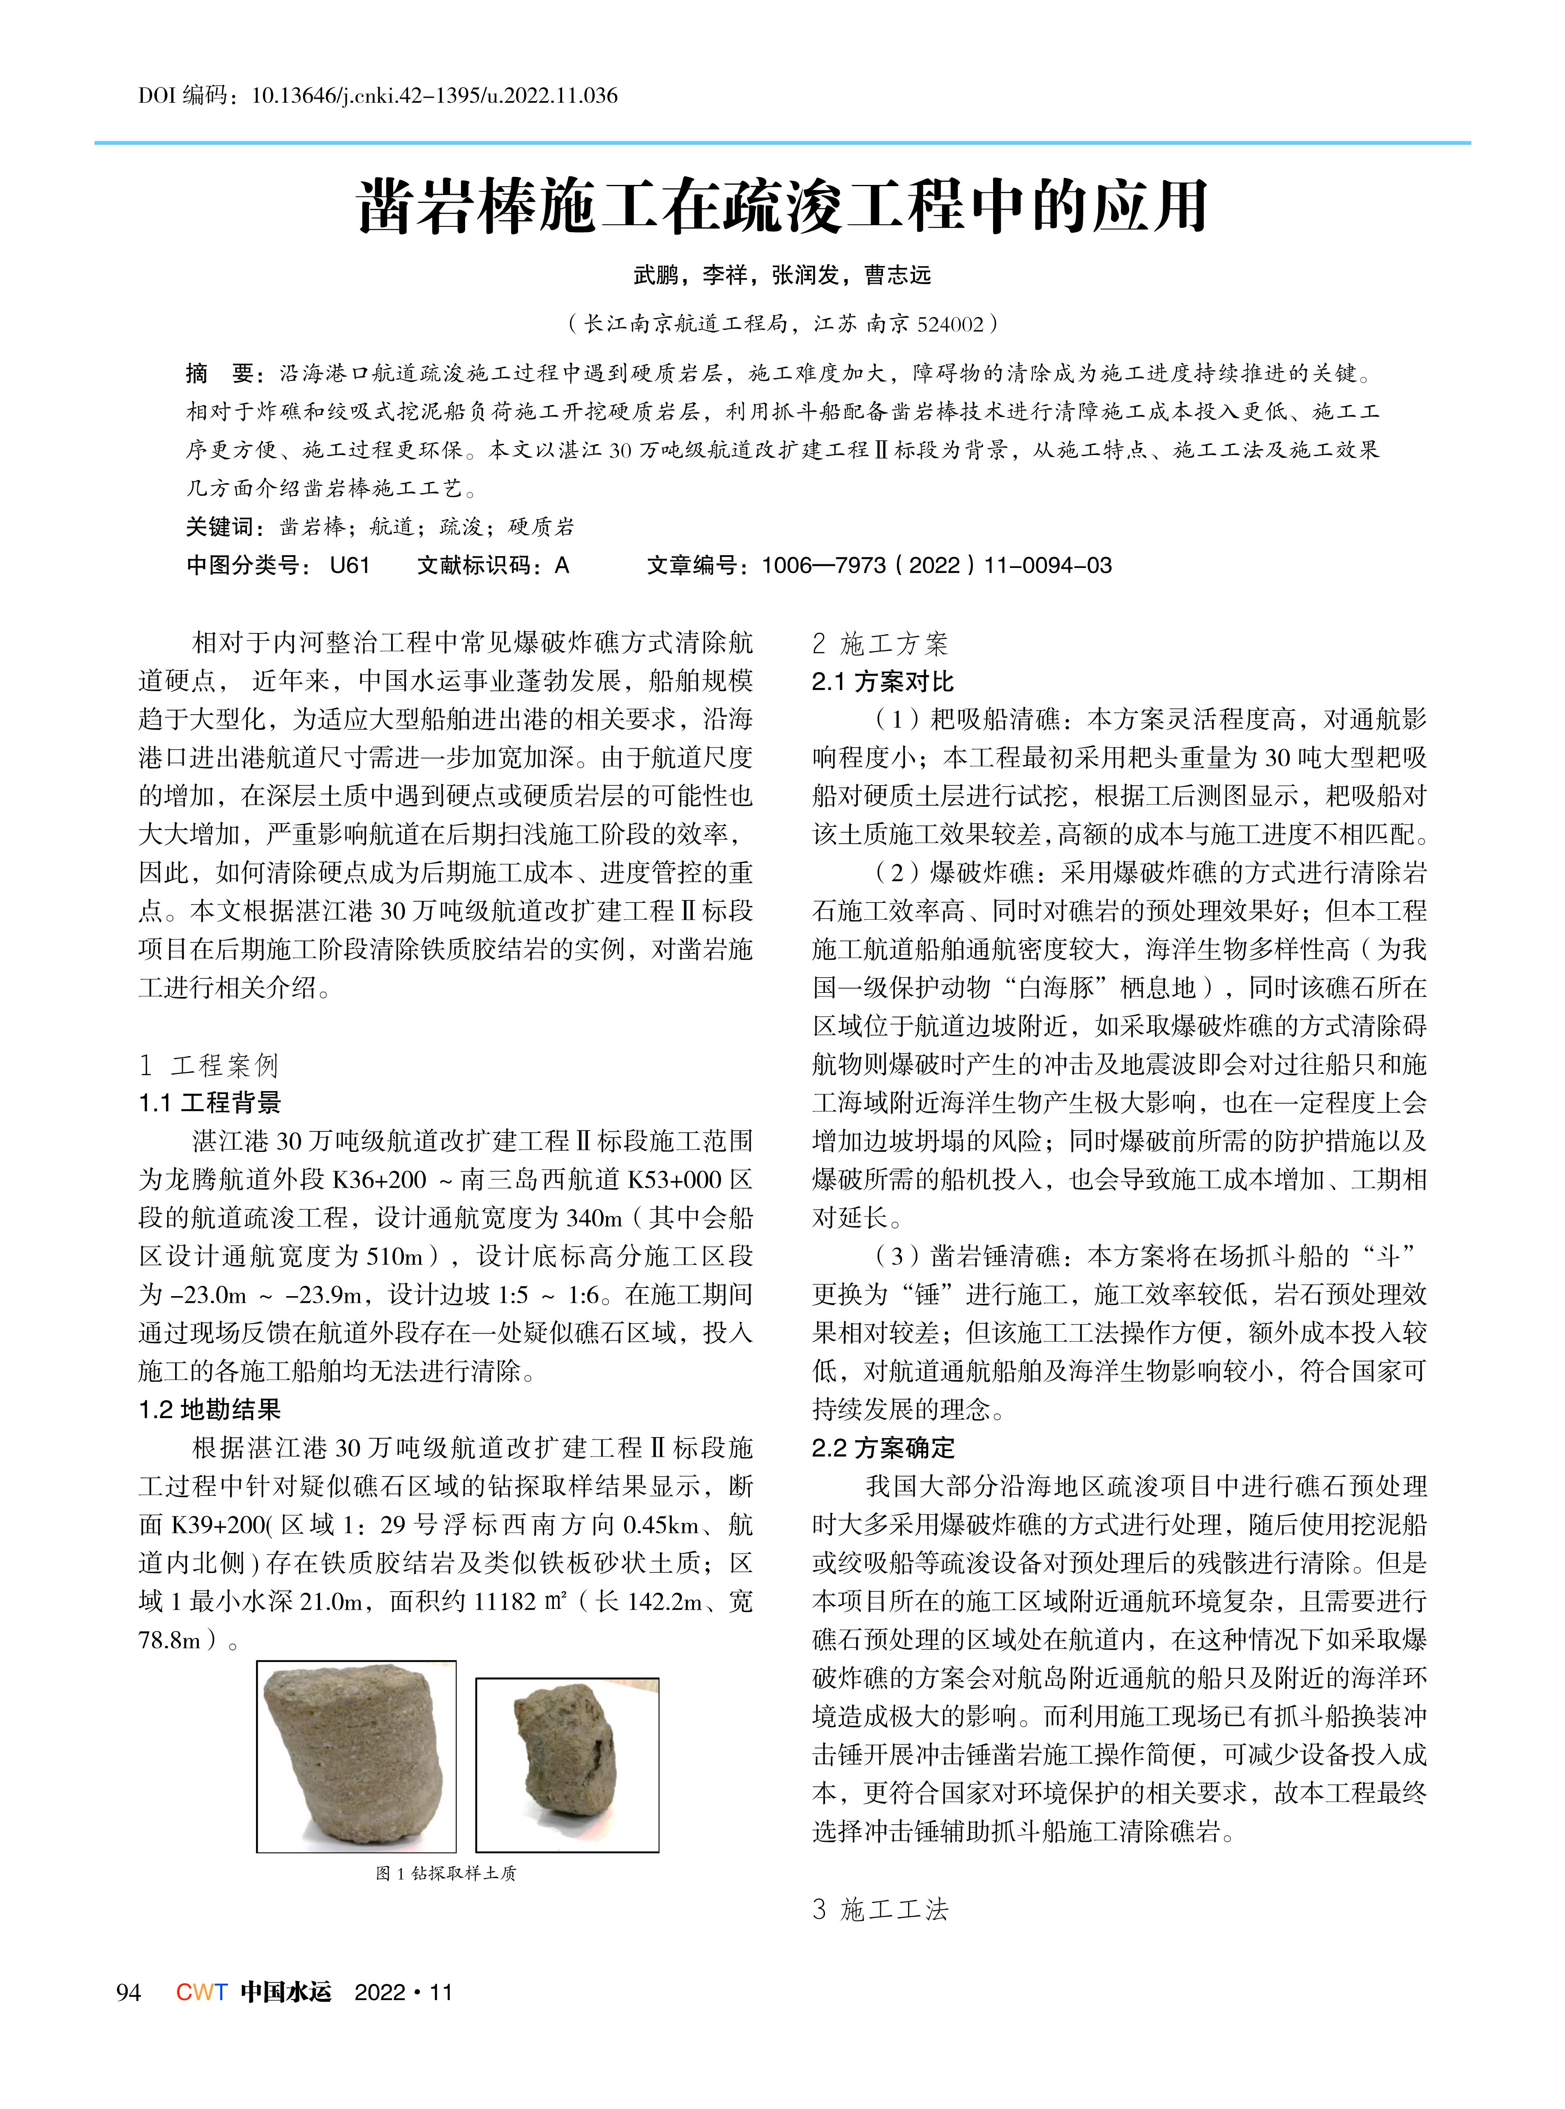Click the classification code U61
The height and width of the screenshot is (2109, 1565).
point(350,565)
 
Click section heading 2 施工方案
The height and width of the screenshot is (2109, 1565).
point(880,644)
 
